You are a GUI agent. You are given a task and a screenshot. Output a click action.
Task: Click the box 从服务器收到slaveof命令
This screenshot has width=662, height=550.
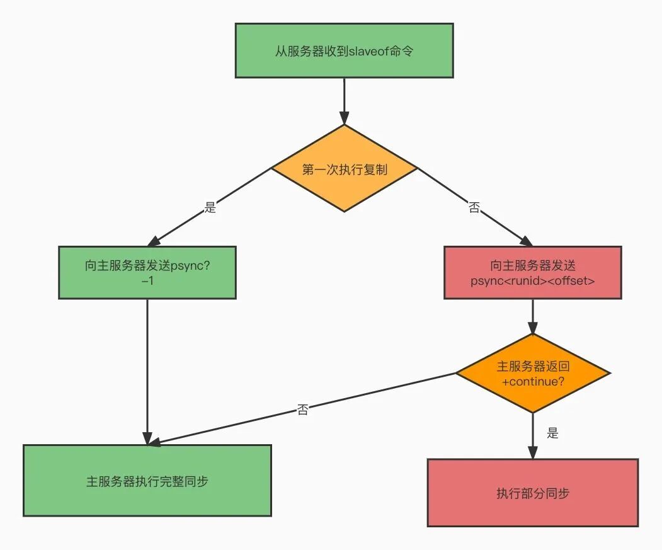pos(344,51)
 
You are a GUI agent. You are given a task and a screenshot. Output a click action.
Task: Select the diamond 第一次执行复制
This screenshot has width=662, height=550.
pos(344,169)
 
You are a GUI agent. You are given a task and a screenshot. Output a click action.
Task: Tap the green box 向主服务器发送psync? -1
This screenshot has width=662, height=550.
pos(147,272)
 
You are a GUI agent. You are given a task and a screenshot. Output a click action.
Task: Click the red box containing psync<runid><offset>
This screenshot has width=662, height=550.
pos(532,272)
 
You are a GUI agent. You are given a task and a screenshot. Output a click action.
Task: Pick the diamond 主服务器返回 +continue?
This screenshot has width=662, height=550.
pos(533,374)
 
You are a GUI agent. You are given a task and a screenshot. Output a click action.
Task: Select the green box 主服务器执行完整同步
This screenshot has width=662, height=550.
pos(147,481)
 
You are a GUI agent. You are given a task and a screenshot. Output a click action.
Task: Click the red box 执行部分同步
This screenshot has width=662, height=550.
pos(533,493)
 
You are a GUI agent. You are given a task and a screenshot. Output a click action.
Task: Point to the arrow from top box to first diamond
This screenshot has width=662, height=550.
pos(344,101)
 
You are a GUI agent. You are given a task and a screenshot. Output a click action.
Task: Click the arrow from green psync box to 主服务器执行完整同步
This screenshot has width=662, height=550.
pos(147,372)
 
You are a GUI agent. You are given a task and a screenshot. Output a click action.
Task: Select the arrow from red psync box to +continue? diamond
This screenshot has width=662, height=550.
pos(533,316)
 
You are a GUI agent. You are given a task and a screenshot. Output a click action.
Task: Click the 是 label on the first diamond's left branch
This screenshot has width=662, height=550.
pos(210,207)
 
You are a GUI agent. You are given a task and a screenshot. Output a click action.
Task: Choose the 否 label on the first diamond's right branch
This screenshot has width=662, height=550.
pos(474,207)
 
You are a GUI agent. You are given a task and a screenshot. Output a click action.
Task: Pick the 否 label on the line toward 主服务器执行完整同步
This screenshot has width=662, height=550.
pos(302,410)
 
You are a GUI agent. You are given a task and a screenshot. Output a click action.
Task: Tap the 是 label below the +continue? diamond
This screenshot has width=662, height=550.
pos(552,433)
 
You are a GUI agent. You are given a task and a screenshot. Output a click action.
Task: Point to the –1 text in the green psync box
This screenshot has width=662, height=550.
pos(147,281)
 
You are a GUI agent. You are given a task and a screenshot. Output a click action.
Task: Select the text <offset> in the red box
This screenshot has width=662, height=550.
pos(571,281)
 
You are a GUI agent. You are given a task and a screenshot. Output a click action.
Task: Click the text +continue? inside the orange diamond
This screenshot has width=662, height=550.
pos(533,382)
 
